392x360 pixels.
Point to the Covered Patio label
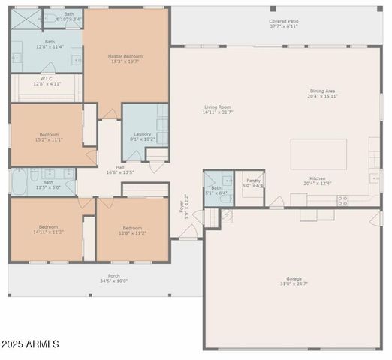[x=283, y=22]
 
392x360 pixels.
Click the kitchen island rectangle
[x=318, y=154]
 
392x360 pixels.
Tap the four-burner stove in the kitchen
[x=342, y=200]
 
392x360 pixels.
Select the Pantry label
[x=254, y=181]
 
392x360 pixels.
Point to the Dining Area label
[x=324, y=91]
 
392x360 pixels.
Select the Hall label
[x=120, y=167]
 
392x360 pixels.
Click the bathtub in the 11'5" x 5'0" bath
[x=20, y=181]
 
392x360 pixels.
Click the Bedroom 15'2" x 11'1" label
[x=48, y=135]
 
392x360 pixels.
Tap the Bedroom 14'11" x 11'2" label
[x=48, y=228]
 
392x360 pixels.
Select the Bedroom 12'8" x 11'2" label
[x=132, y=228]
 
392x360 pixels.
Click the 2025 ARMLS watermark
[x=32, y=343]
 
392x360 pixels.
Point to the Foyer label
[x=181, y=204]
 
